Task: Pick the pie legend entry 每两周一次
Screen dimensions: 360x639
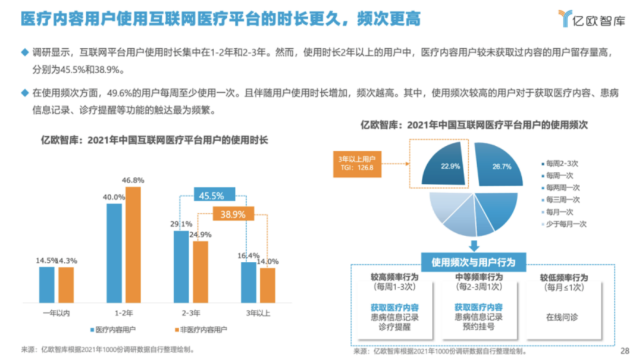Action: click(x=562, y=187)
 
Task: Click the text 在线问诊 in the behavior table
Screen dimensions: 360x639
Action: click(x=562, y=317)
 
